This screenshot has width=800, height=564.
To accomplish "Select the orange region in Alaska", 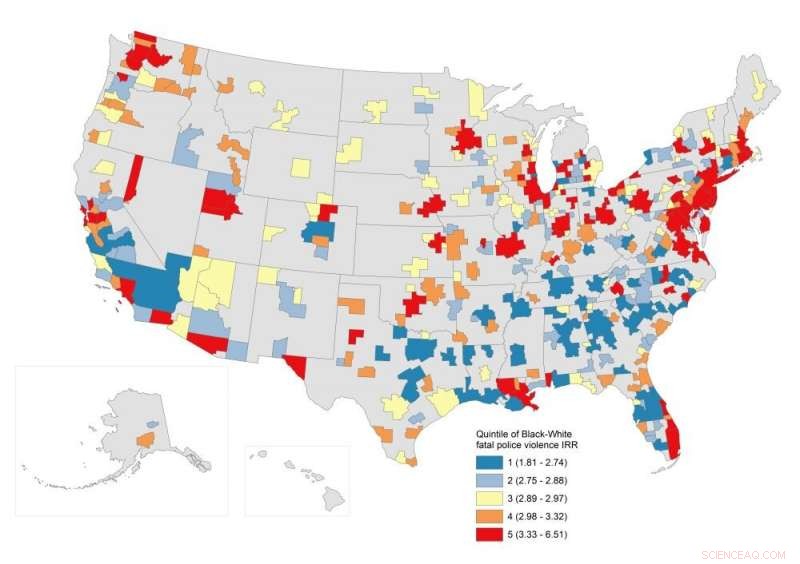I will point(145,440).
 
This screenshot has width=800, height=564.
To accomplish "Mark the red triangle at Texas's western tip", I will point(293,367).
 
